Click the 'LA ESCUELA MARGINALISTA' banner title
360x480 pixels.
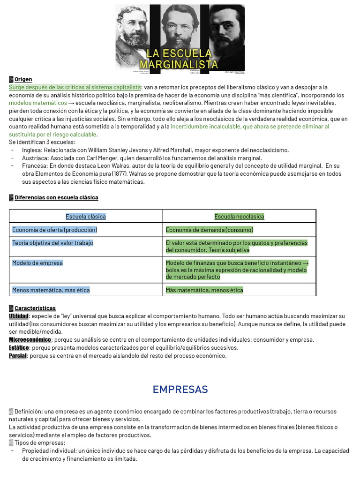tap(180, 59)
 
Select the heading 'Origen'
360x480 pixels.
tap(23, 79)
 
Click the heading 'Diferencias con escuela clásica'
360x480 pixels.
tap(56, 197)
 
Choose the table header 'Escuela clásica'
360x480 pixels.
tap(86, 216)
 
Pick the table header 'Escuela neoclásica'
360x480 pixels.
tap(239, 216)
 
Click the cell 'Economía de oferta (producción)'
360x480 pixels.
tap(55, 230)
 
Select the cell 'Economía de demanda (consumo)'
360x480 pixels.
tap(210, 230)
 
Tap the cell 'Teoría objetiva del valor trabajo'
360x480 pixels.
tap(52, 243)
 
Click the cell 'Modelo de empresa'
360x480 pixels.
tap(37, 263)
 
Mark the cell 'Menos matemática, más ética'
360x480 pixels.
tap(51, 290)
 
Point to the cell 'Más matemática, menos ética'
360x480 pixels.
tap(204, 290)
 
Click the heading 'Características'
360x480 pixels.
tap(35, 308)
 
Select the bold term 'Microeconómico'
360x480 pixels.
tap(30, 339)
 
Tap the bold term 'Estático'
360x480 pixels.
tap(19, 347)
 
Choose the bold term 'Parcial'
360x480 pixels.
tap(18, 355)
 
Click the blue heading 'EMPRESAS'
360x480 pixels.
tap(180, 390)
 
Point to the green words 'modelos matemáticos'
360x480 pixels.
tap(38, 103)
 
